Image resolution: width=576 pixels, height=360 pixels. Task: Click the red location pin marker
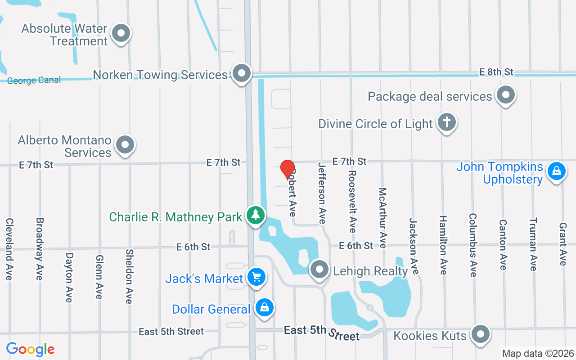[x=287, y=169]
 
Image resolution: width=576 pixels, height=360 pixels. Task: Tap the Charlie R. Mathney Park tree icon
[x=256, y=215]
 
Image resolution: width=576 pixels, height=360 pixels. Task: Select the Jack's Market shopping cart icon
[x=256, y=277]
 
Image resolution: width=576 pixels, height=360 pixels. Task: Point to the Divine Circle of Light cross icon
[x=447, y=122]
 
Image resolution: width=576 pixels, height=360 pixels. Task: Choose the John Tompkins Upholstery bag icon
[x=556, y=171]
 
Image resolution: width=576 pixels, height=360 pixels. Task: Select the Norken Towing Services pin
[x=242, y=72]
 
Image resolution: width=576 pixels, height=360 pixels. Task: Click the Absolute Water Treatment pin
[x=121, y=33]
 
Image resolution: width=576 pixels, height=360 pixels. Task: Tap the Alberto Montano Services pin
[x=125, y=145]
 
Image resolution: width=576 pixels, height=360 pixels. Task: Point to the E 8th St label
[x=496, y=72]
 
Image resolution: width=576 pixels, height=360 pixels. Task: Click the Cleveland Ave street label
[x=9, y=249]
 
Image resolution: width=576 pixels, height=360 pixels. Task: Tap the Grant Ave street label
[x=562, y=244]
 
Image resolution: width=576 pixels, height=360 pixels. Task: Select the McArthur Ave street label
[x=382, y=218]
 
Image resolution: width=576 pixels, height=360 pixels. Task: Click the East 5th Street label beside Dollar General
[x=171, y=332]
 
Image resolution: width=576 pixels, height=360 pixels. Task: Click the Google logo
[x=31, y=349]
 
